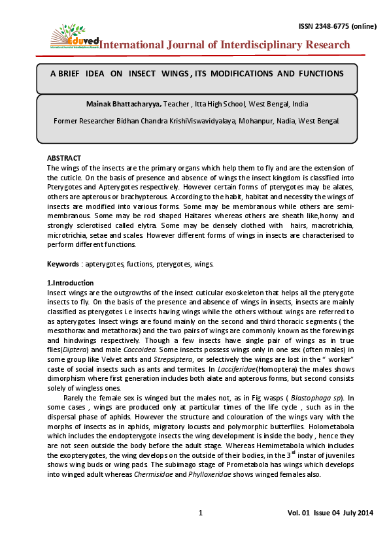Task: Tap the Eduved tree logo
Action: (x=67, y=35)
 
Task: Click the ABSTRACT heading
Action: (x=63, y=159)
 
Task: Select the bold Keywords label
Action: (x=63, y=263)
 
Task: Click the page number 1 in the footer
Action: (x=201, y=513)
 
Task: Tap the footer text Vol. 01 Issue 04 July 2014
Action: (x=330, y=513)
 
